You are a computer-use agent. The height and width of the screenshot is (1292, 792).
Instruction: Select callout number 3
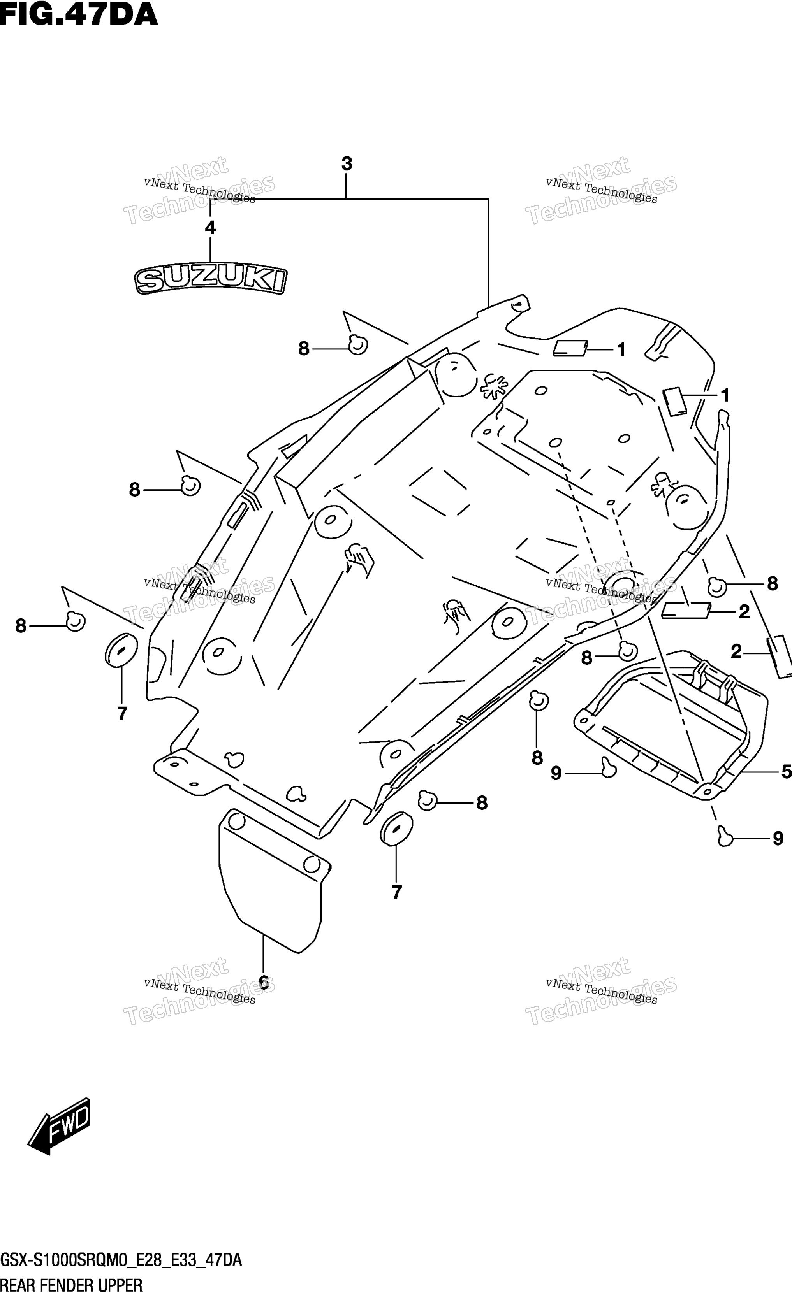point(346,164)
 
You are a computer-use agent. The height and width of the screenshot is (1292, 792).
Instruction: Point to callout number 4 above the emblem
point(210,228)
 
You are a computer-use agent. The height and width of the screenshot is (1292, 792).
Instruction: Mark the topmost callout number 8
point(304,349)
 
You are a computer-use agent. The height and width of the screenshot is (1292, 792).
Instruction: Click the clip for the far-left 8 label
point(76,621)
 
